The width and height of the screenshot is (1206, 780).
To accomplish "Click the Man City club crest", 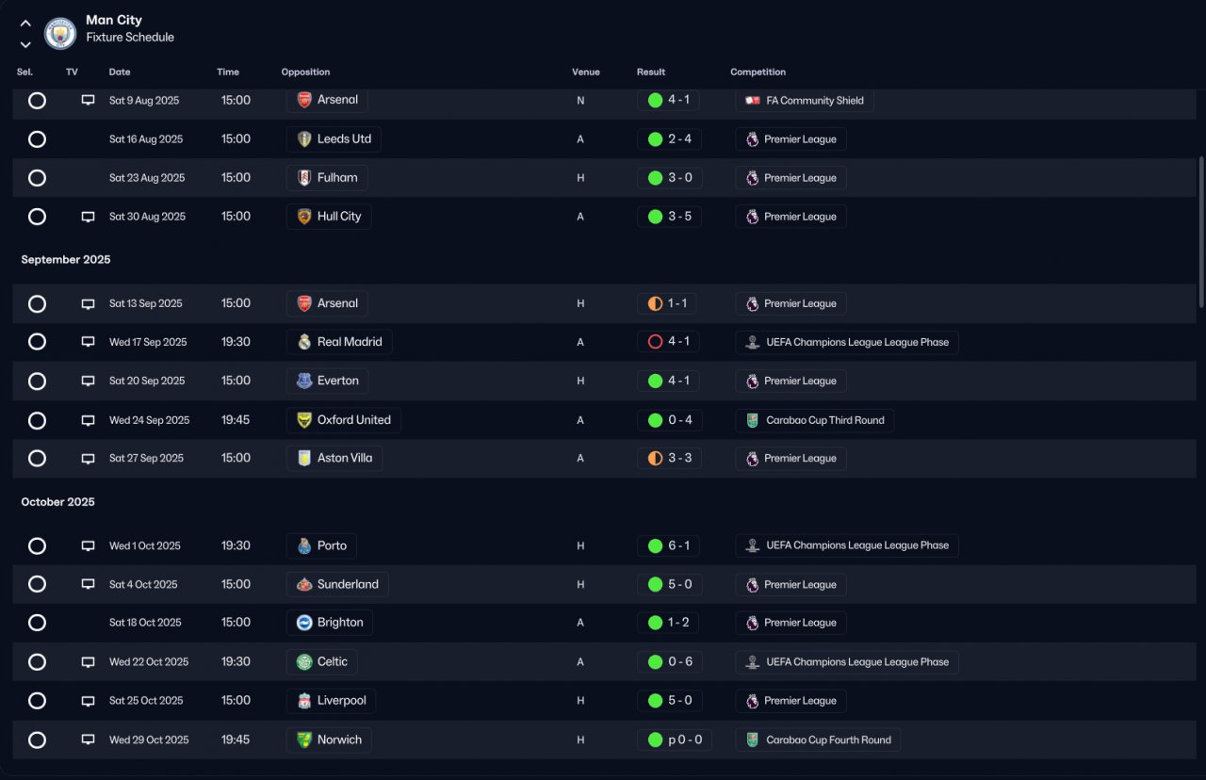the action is (x=59, y=33).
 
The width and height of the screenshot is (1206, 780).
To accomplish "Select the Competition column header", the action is (x=758, y=73).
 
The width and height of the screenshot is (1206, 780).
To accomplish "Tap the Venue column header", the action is (x=585, y=73).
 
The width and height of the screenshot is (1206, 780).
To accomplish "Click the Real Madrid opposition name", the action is (x=350, y=342).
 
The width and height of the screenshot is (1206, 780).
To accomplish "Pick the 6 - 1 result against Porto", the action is (x=678, y=545).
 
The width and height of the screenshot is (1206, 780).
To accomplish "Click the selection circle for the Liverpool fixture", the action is (x=37, y=700).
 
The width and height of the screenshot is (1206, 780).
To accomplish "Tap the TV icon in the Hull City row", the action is (x=88, y=217).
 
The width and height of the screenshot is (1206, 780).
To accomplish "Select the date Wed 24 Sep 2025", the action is (x=149, y=420).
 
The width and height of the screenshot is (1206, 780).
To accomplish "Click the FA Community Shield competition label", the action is (x=815, y=101).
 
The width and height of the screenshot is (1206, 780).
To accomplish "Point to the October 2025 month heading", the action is (x=57, y=502).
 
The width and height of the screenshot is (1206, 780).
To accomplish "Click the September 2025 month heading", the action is (x=66, y=259).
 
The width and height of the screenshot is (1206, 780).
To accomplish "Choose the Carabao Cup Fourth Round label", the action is (x=828, y=739).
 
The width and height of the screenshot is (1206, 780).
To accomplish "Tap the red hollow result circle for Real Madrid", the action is (x=655, y=342).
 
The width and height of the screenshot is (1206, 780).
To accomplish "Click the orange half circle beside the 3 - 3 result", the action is (x=655, y=458).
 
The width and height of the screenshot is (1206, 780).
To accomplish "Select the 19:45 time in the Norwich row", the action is (x=236, y=739).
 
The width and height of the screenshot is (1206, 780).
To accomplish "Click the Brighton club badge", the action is (x=304, y=623).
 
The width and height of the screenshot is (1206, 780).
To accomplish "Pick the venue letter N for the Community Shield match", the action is (x=580, y=101).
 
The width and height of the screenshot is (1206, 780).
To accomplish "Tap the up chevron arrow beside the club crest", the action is (x=25, y=24).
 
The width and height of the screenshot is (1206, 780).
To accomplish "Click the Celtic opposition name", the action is (x=333, y=661).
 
